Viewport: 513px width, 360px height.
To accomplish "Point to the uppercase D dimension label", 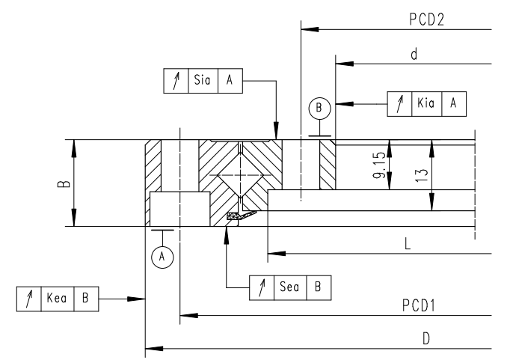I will click(426, 338).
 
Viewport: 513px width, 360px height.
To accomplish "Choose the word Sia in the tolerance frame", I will click(201, 81).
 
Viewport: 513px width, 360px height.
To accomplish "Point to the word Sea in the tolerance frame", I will click(289, 287).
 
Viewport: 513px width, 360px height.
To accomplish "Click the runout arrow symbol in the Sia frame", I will click(175, 81).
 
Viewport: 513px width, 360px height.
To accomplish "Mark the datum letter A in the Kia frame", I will click(453, 104).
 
